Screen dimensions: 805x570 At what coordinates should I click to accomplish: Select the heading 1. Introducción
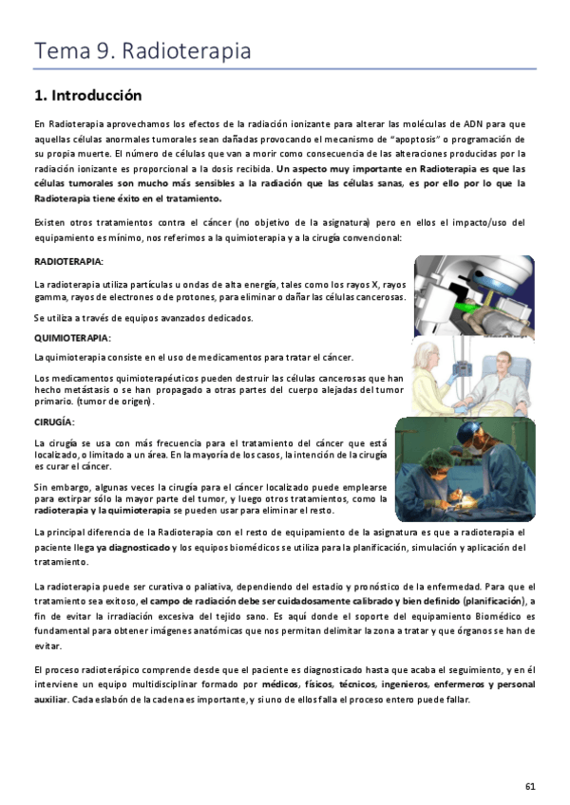(87, 96)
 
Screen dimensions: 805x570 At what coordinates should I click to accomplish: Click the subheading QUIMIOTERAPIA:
(72, 338)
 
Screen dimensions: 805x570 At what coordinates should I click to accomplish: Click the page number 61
(530, 785)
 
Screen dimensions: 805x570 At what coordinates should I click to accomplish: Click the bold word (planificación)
(493, 601)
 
